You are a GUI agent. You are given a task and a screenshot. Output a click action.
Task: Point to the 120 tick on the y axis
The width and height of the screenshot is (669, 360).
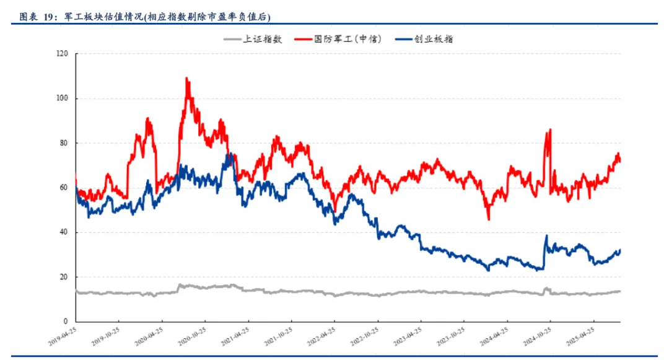pyautogui.click(x=61, y=54)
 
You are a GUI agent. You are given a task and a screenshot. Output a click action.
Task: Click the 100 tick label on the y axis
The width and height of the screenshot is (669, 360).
pyautogui.click(x=61, y=99)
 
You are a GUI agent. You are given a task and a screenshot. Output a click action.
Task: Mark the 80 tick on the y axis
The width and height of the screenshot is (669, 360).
pyautogui.click(x=63, y=143)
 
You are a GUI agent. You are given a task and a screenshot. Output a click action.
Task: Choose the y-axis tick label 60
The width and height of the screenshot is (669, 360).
pyautogui.click(x=63, y=188)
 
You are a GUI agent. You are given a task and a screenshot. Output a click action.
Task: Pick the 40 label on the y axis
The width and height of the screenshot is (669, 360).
pyautogui.click(x=63, y=232)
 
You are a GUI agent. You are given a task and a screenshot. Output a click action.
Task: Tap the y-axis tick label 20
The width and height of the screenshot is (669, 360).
pyautogui.click(x=63, y=277)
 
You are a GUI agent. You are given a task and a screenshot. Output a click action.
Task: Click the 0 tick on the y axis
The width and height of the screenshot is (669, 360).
pyautogui.click(x=66, y=322)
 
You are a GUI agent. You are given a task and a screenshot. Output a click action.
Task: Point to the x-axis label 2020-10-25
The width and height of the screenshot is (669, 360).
pyautogui.click(x=193, y=338)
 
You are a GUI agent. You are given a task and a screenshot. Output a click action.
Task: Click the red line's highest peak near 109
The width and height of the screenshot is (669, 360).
pyautogui.click(x=187, y=79)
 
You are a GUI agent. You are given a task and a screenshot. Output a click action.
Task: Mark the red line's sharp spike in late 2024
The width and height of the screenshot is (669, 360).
pyautogui.click(x=549, y=130)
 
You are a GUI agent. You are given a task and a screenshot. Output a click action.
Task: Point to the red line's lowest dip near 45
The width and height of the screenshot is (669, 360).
pyautogui.click(x=488, y=219)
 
